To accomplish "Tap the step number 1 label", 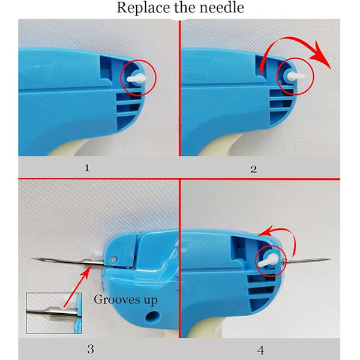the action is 87,168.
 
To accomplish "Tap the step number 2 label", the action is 253,169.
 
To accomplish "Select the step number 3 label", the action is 91,349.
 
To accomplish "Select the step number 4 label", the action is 260,350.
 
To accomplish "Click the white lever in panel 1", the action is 136,78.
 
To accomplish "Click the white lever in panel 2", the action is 296,76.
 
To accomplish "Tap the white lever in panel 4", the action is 268,260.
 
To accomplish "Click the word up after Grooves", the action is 151,301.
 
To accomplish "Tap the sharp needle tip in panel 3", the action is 31,259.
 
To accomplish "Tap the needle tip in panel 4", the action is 330,259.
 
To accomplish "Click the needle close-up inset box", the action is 54,313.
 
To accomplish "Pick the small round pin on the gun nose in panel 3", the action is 113,260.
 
